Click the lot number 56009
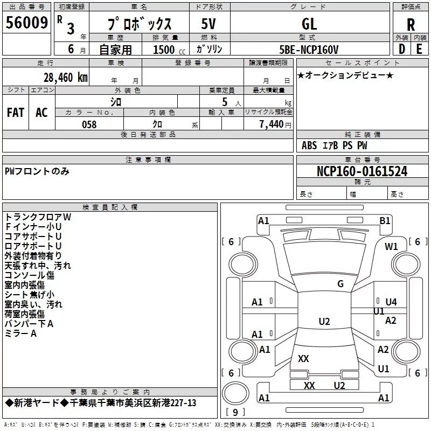point(26,23)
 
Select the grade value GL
point(309,24)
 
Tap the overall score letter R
point(411,25)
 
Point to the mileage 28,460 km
point(66,78)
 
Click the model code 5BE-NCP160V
point(309,50)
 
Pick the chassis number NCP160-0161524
point(362,171)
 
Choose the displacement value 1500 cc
point(169,50)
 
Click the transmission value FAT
point(16,113)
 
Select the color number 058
point(89,124)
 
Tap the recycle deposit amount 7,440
point(272,124)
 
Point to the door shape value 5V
point(208,24)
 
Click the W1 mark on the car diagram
point(391,247)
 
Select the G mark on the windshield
point(340,284)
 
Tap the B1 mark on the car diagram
point(385,221)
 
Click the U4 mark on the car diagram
point(391,302)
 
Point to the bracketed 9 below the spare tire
point(235,412)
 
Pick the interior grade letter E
point(419,49)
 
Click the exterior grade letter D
point(402,49)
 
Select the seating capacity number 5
point(225,102)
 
